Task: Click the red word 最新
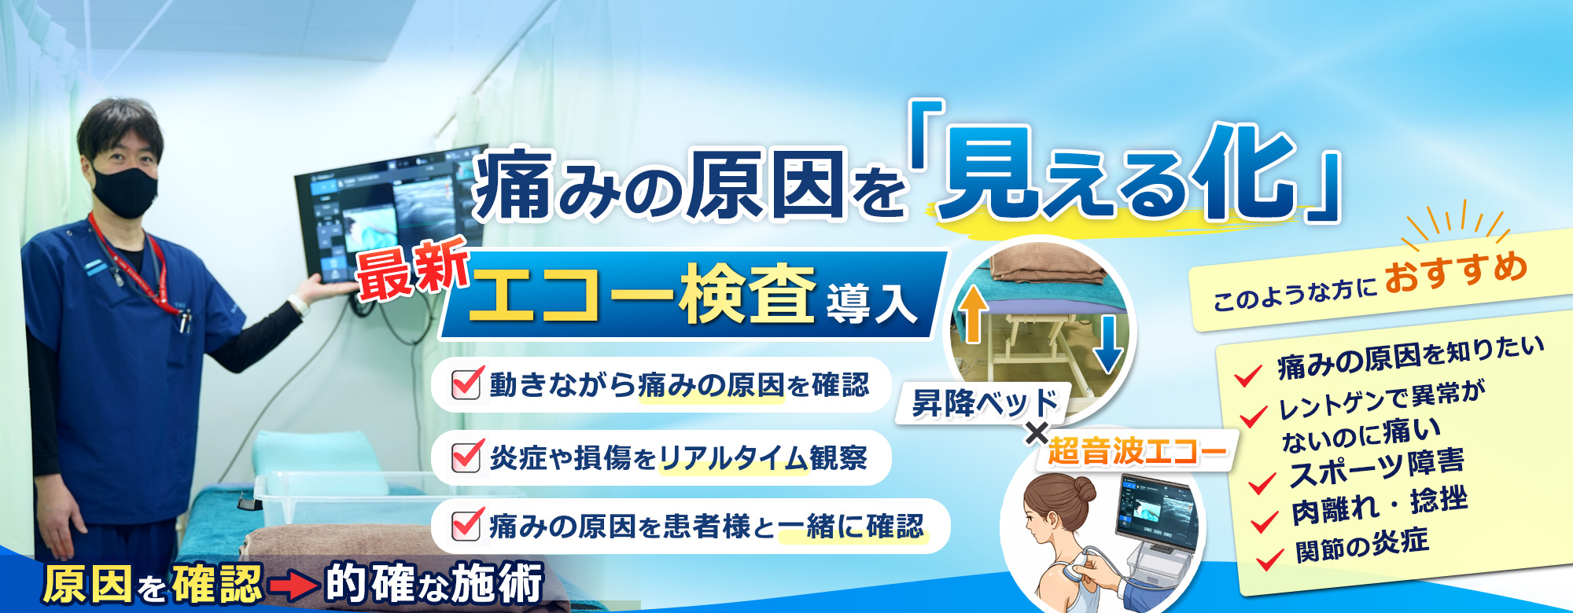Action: [x=411, y=270]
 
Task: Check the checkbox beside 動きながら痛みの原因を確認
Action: [x=466, y=384]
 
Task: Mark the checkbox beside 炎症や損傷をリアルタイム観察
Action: [x=466, y=456]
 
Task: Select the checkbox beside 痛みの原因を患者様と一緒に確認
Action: [x=466, y=525]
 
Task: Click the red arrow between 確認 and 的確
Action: [x=293, y=585]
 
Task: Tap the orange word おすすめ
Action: [x=1455, y=272]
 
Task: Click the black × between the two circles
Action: [x=1037, y=433]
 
